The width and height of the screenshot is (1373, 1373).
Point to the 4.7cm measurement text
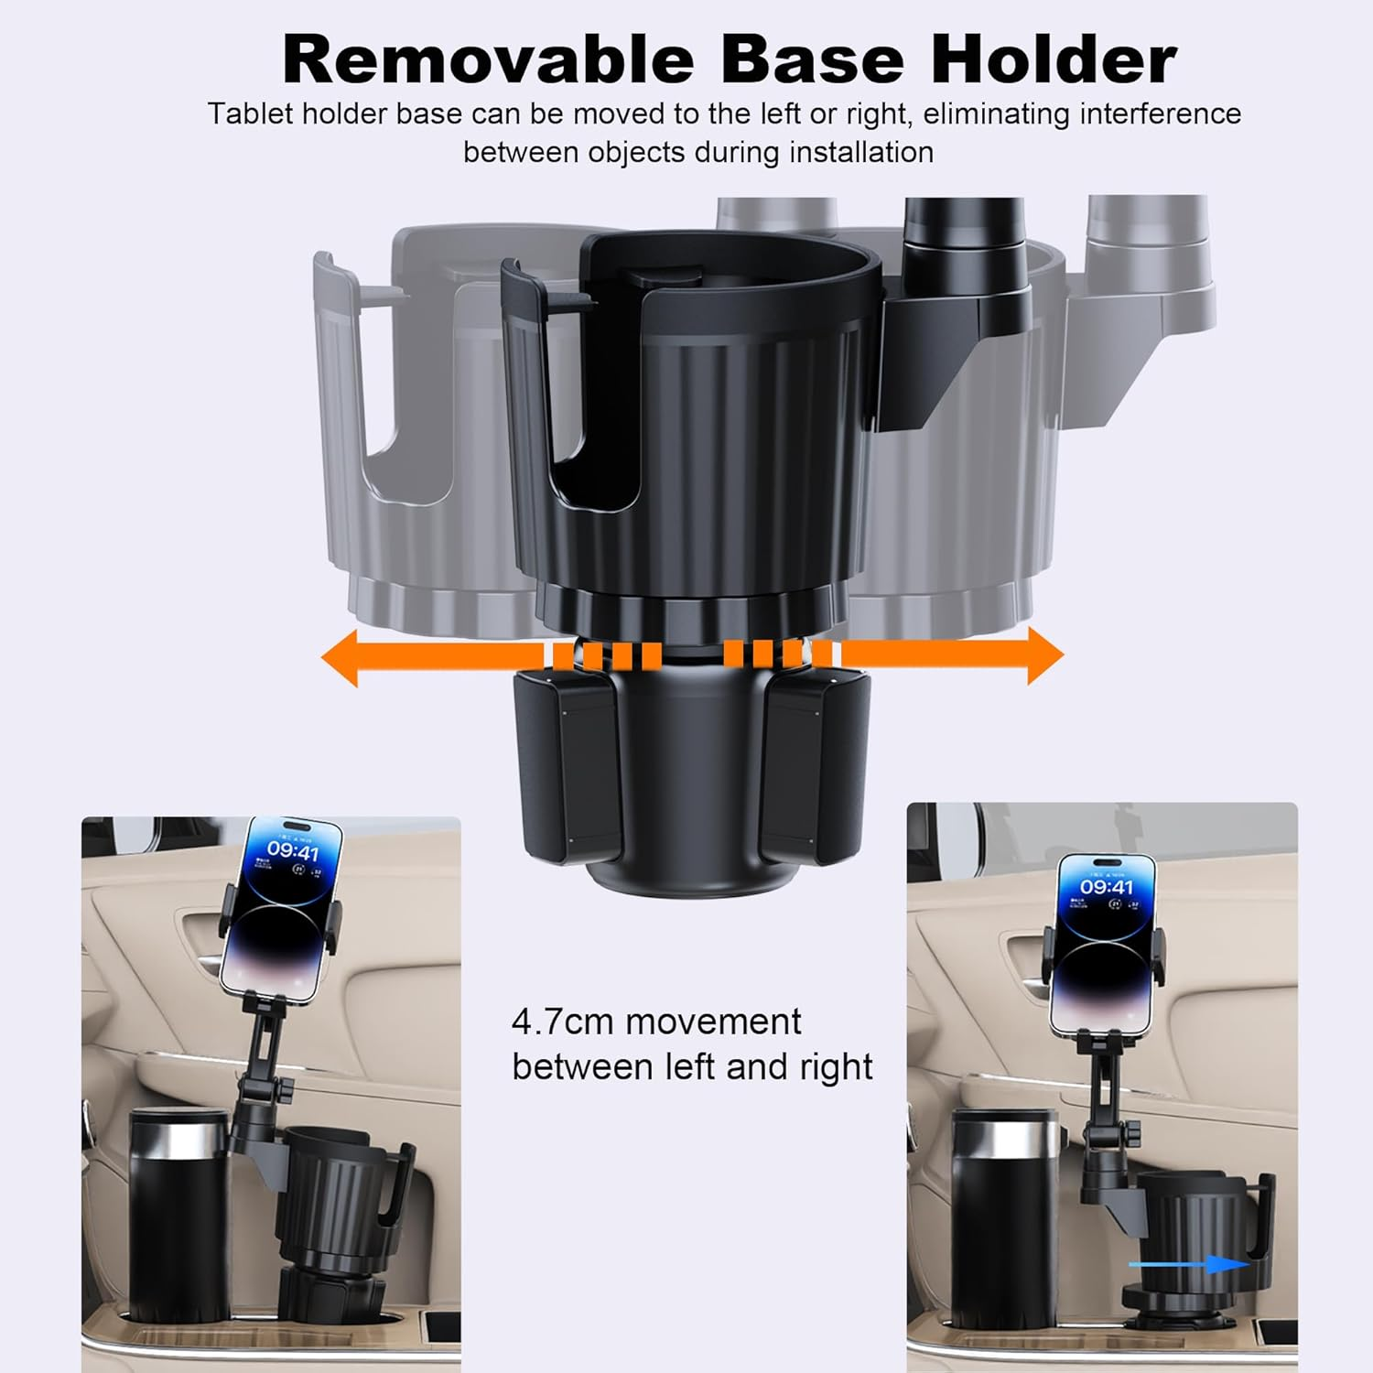pyautogui.click(x=562, y=1022)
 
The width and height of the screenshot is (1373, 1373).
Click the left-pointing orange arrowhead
pyautogui.click(x=341, y=656)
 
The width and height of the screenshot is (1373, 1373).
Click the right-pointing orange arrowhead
pyautogui.click(x=1044, y=656)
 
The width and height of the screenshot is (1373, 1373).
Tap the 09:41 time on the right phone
pyautogui.click(x=1106, y=887)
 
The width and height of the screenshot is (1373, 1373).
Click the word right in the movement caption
pyautogui.click(x=834, y=1067)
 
